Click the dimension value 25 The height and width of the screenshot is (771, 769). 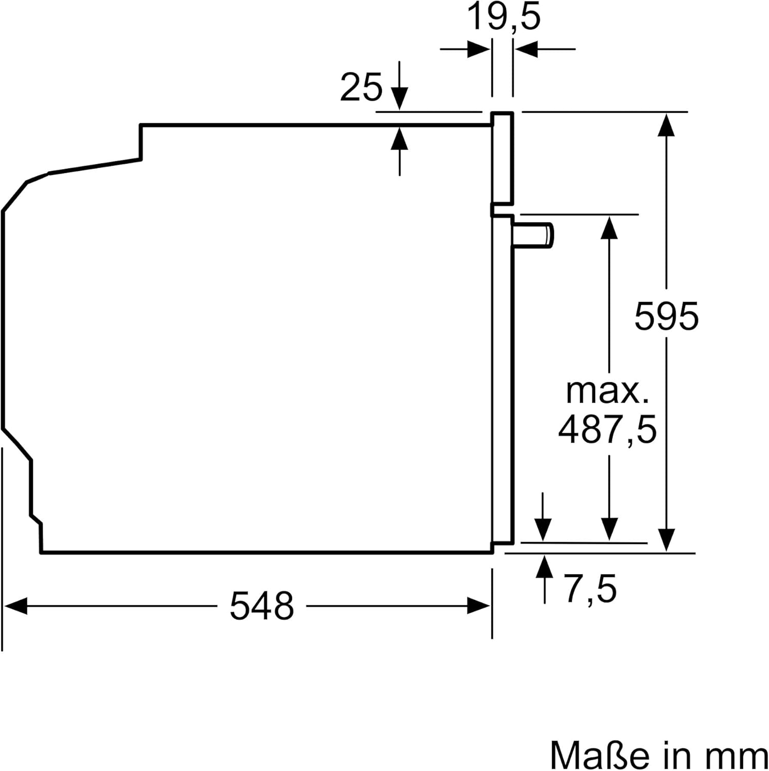click(x=361, y=87)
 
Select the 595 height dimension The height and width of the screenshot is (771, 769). click(x=666, y=316)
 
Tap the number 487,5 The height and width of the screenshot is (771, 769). click(x=607, y=430)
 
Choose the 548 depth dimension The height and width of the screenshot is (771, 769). click(x=261, y=605)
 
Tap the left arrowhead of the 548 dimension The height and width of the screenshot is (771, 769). click(x=15, y=605)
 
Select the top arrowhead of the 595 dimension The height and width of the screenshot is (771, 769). click(x=666, y=125)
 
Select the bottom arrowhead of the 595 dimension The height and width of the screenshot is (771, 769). click(x=666, y=540)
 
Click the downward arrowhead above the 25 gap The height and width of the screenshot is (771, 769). click(x=399, y=99)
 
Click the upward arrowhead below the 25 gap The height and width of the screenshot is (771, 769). click(x=399, y=138)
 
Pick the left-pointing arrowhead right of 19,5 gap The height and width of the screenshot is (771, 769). click(x=526, y=50)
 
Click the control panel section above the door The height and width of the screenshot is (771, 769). click(x=502, y=157)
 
